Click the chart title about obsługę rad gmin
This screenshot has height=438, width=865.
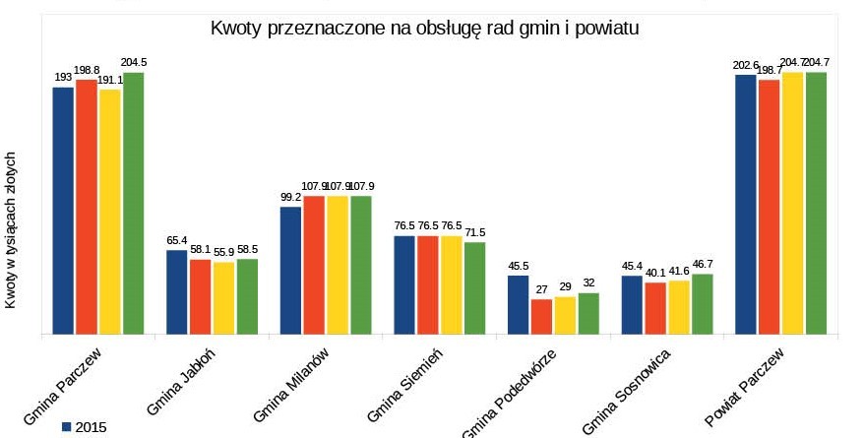coord(426,29)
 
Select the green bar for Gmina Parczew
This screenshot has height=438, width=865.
coord(133,203)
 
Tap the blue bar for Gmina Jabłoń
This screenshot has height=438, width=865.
coord(176,292)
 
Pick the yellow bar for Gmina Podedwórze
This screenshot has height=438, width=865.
coord(565,315)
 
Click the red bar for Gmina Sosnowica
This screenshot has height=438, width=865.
coord(655,308)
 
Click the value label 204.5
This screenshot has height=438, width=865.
coord(133,63)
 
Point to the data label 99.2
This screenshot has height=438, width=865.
coord(290,197)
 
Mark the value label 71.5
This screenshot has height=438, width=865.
coord(474,232)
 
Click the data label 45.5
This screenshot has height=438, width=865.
coord(518,266)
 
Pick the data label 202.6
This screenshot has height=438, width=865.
coord(744,66)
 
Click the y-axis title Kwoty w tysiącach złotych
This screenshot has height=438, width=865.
coord(11,230)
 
